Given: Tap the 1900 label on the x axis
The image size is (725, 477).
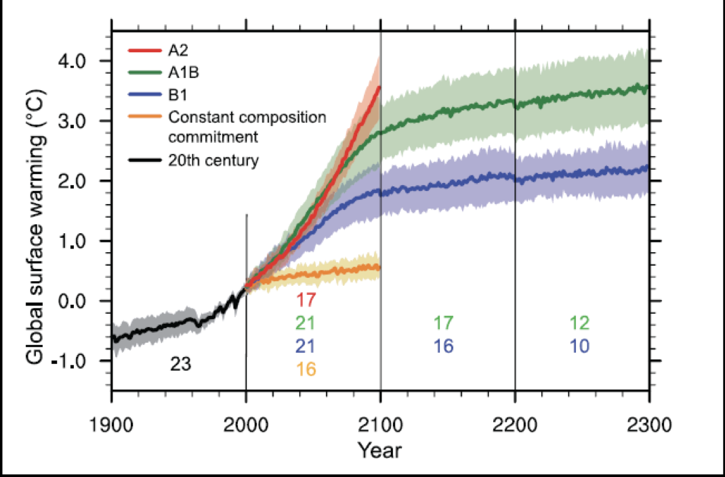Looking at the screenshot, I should pyautogui.click(x=112, y=426).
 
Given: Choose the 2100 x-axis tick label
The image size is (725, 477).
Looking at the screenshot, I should pyautogui.click(x=381, y=426).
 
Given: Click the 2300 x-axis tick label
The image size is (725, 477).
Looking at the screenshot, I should pyautogui.click(x=649, y=426).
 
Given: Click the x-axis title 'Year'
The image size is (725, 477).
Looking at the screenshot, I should pyautogui.click(x=379, y=450).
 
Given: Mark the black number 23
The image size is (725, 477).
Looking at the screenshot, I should pyautogui.click(x=181, y=365).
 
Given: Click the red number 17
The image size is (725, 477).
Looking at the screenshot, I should pyautogui.click(x=306, y=299).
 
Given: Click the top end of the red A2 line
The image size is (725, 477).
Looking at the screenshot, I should pyautogui.click(x=380, y=87).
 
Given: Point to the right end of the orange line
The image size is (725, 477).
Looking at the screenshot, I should pyautogui.click(x=379, y=268).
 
